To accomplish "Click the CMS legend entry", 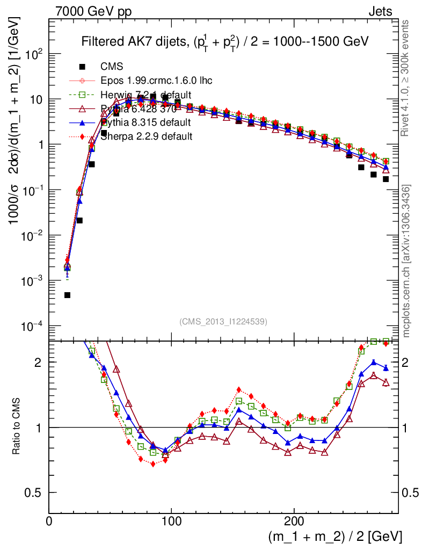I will [x=112, y=67].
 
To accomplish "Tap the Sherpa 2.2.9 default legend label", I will [x=147, y=136].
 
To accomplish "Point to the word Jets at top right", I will [x=380, y=11].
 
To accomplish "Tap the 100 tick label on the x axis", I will [x=171, y=521].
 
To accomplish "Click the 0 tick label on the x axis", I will [x=49, y=521].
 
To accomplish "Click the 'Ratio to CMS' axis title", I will [x=17, y=427].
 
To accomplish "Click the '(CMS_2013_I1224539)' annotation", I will [x=223, y=321].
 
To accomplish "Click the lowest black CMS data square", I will [x=68, y=295].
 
